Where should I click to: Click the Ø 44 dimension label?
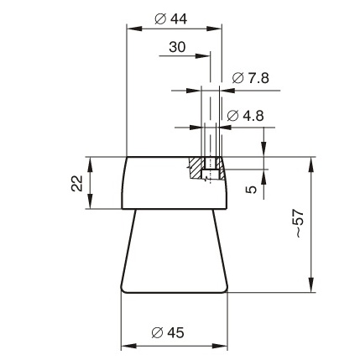click(x=170, y=19)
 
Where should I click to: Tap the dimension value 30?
click(x=177, y=47)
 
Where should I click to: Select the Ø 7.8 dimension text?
click(x=250, y=78)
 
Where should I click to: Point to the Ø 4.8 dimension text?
click(x=245, y=116)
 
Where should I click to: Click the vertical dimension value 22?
click(x=77, y=183)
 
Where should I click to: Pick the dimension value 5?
click(x=251, y=190)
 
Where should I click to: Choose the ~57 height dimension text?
click(x=300, y=223)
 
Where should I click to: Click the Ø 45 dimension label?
click(x=168, y=333)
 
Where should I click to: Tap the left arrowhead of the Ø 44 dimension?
click(x=134, y=29)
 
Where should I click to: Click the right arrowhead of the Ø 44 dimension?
click(x=214, y=29)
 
